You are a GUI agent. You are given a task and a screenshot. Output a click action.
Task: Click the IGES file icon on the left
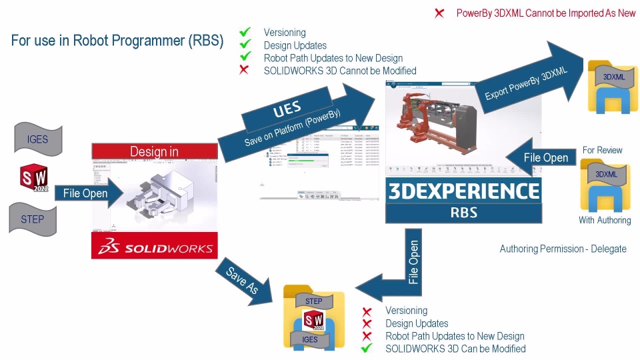(37, 140)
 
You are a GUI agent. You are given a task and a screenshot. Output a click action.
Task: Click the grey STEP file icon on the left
(33, 219)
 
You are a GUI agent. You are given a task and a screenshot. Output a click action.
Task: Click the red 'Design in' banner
(154, 151)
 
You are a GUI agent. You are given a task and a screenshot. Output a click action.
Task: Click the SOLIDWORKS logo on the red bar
(155, 248)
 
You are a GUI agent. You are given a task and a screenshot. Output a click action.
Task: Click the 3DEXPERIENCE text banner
(463, 191)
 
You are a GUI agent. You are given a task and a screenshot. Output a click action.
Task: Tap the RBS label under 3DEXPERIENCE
(463, 214)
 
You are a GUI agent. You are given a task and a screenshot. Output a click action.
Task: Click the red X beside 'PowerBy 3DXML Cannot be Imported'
(439, 13)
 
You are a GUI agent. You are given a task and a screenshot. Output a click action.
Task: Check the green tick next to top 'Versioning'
(245, 32)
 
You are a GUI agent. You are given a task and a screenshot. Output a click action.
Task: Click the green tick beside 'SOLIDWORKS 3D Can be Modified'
(366, 348)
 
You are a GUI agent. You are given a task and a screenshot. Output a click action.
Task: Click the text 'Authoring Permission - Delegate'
(563, 249)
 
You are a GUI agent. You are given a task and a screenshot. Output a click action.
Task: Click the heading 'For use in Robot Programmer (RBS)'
(117, 40)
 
